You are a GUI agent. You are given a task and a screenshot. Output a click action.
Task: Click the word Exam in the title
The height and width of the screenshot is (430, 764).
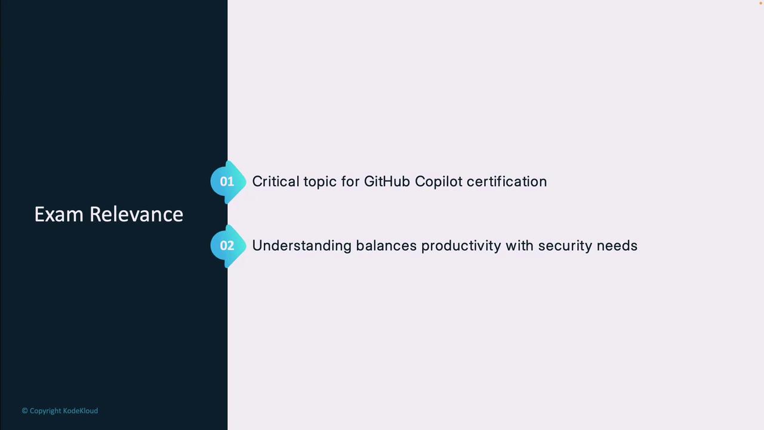(59, 214)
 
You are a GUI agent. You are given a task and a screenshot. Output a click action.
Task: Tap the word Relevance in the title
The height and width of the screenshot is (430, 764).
(137, 214)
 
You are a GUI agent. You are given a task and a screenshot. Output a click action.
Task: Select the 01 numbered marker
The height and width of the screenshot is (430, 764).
(228, 182)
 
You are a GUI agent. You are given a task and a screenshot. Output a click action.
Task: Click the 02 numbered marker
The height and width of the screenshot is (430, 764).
(228, 246)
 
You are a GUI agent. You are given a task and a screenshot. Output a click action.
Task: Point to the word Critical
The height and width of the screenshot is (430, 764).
(276, 182)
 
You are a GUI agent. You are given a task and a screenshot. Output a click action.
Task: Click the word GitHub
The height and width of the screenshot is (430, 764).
(387, 182)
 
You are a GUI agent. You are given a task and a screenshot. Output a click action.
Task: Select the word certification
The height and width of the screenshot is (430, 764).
(507, 182)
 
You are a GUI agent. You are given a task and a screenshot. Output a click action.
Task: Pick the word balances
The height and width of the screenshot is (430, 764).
(386, 245)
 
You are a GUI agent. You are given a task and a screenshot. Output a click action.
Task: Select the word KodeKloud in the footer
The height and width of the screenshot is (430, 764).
(81, 410)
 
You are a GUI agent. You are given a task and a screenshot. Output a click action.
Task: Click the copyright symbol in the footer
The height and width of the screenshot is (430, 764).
(24, 410)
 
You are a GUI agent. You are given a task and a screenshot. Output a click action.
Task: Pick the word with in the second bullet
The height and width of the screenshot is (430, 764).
(519, 245)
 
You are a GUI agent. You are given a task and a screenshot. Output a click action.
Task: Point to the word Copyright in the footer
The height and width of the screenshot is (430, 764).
(45, 411)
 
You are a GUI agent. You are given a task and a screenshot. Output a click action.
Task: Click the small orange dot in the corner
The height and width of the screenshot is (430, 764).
(760, 3)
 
